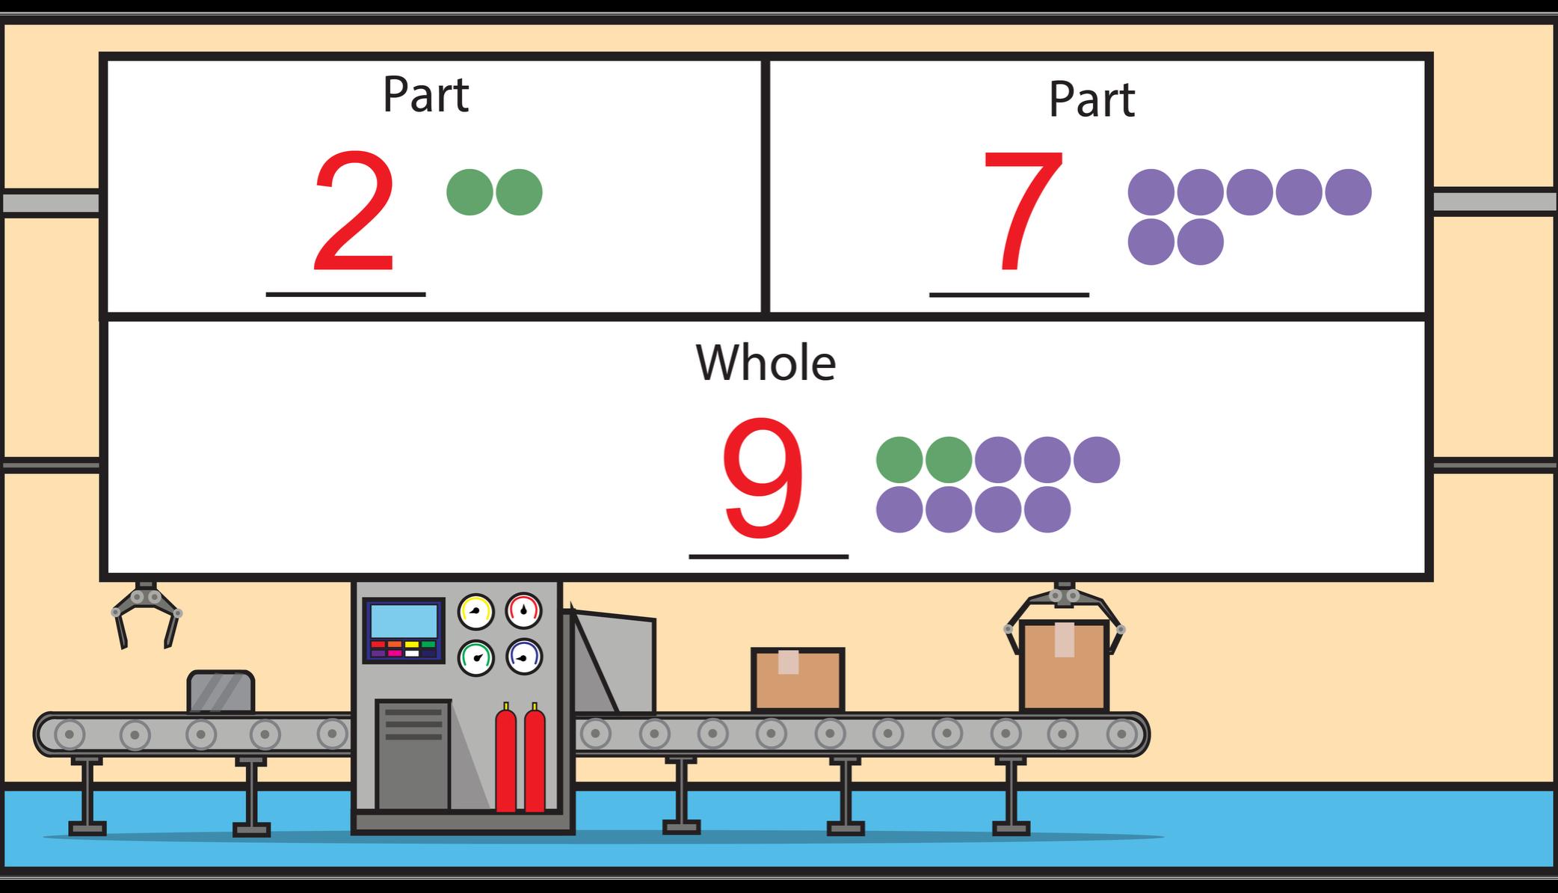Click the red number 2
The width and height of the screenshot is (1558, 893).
(354, 213)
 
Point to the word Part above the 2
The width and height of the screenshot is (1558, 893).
(425, 95)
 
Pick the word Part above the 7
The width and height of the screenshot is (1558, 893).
(1091, 99)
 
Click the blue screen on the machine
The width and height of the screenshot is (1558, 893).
(404, 621)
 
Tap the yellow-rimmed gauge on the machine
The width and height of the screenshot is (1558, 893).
(475, 612)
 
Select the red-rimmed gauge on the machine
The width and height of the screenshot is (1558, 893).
(523, 610)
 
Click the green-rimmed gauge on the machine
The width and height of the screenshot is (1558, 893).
(475, 657)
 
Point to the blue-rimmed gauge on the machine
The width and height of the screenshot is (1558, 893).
(523, 657)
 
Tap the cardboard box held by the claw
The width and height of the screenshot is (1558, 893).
(1064, 666)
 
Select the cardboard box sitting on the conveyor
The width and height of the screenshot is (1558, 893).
(798, 679)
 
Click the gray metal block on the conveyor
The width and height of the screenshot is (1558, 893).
(221, 692)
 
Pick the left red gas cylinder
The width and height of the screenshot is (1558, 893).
(506, 759)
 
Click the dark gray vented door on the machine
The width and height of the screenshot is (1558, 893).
(413, 755)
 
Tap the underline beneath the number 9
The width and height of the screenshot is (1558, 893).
(768, 556)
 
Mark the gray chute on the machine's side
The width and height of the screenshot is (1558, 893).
(613, 662)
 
